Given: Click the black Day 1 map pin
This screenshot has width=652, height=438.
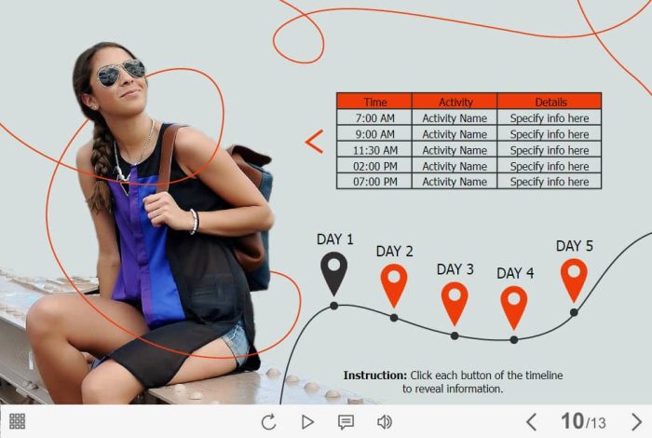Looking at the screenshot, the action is [x=333, y=272].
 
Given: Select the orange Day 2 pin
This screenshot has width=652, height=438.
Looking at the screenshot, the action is [x=394, y=284].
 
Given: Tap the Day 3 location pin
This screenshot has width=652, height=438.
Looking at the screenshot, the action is [x=455, y=303].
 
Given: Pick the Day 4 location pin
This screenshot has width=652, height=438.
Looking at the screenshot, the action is [x=514, y=307].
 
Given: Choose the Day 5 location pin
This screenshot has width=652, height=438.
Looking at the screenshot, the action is [x=574, y=280].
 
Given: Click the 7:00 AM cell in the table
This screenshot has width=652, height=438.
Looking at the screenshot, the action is [x=374, y=118].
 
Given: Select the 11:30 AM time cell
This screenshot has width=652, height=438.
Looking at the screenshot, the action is [x=374, y=150].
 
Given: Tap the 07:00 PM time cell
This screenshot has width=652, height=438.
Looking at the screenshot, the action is [x=374, y=182].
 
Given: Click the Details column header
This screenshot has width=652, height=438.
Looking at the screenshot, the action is [x=550, y=102].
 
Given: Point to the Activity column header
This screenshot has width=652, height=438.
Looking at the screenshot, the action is [x=455, y=102].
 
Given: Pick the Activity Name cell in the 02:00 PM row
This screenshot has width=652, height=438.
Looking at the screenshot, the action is [x=455, y=166].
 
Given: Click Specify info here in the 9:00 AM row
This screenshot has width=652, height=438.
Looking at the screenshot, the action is [x=550, y=134].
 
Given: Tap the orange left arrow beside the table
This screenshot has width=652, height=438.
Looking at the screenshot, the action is [x=314, y=142].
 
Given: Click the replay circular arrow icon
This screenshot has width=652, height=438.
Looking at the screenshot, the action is [x=268, y=422].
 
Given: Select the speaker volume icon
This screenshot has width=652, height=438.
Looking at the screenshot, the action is [x=384, y=422].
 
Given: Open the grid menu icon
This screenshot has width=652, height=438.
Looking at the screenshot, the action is [x=17, y=421].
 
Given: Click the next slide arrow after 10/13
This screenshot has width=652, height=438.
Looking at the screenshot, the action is [x=636, y=422].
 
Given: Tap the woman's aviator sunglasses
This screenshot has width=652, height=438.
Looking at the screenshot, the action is [x=121, y=73].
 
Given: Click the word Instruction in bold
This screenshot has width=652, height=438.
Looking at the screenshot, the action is [x=375, y=376].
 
